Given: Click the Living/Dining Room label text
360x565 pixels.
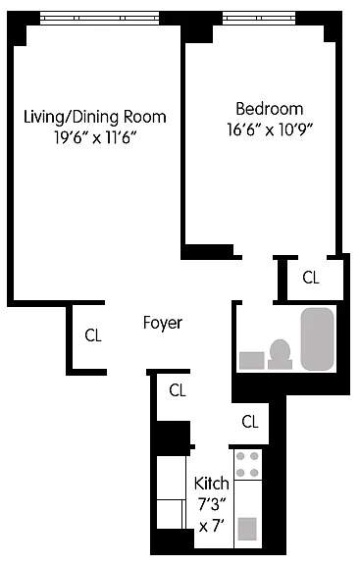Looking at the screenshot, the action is tap(95, 118).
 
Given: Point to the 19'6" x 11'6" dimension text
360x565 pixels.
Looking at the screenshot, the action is tap(96, 137).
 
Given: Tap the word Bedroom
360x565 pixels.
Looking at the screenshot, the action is tap(269, 109).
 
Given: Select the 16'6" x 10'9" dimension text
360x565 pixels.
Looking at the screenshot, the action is tap(269, 129).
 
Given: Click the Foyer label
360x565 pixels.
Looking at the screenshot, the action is tap(163, 323).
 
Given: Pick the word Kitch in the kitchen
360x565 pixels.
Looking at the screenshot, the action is tap(212, 484).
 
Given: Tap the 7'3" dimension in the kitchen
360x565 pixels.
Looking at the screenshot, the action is tap(212, 504).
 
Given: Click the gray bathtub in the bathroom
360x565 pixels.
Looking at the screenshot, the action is tap(318, 339).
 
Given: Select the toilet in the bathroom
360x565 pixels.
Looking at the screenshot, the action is tap(280, 354).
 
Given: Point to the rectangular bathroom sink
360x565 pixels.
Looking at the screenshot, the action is tap(252, 360).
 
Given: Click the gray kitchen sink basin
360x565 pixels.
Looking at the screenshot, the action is tap(247, 529).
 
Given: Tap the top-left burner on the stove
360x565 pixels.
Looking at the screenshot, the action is tap(240, 456).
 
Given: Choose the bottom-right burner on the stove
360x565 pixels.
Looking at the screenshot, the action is tap(254, 473).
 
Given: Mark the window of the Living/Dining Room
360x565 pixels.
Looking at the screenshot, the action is tap(99, 18).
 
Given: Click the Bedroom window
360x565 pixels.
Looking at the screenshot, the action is tap(259, 18).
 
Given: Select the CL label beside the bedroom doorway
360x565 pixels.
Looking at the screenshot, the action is tap(311, 278).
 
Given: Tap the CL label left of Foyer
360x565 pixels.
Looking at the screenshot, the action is tap(93, 335).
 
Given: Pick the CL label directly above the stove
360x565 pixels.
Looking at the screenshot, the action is tap(250, 421).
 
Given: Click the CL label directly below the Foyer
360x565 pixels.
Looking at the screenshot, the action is tap(178, 390).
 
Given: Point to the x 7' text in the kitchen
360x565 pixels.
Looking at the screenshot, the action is tap(212, 526).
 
